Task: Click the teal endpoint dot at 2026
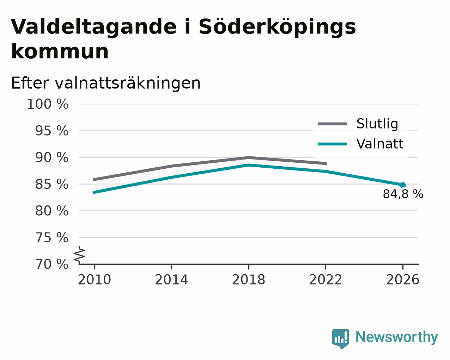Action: pos(403,185)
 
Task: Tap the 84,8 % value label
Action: pos(403,194)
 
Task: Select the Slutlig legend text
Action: pos(377,124)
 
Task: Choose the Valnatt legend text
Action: pos(380,144)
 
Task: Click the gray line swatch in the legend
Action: pos(332,124)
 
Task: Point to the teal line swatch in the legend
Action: pos(332,144)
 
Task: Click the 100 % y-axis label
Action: pos(48,104)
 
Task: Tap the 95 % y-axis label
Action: pos(51,131)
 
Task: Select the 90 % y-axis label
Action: pos(51,157)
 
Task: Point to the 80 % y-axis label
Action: pos(51,211)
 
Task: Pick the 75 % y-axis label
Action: pos(52,238)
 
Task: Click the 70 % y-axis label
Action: pos(52,264)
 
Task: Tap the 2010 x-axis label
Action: pos(94,280)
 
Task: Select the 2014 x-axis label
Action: pos(171,280)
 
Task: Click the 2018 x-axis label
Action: pos(248,280)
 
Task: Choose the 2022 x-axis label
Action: pos(326,280)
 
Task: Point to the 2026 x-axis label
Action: pos(402,280)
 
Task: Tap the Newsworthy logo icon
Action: pos(341,339)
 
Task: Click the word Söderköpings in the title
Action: pos(277,27)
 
